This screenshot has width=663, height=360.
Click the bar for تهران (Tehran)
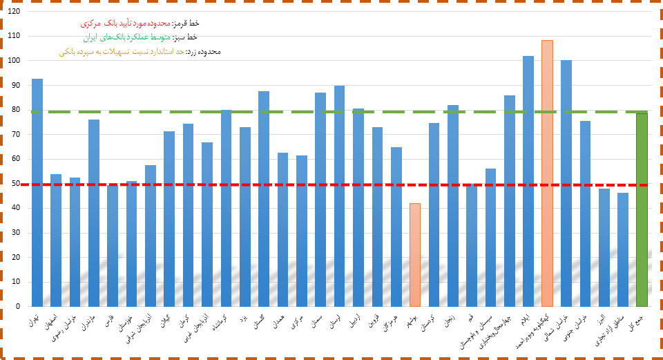coord(37,193)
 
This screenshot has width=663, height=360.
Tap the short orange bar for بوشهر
coord(414,256)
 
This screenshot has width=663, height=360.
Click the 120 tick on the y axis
coord(14,12)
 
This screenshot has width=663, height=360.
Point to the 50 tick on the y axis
coord(16,184)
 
